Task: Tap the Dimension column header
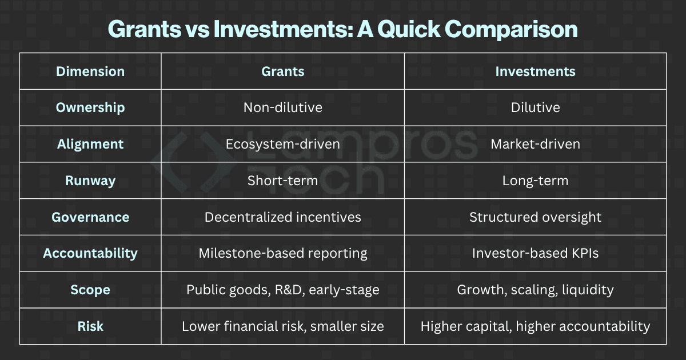(x=90, y=71)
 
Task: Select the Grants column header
(x=283, y=71)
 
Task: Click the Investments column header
(x=535, y=71)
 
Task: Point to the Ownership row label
(x=90, y=107)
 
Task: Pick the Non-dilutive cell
(x=283, y=107)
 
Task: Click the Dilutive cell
(x=535, y=107)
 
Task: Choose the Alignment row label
(x=90, y=144)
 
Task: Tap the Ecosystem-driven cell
(x=283, y=144)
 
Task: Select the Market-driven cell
(x=535, y=144)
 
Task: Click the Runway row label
(x=90, y=181)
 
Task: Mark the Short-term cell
(x=283, y=181)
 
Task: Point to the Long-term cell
(x=535, y=181)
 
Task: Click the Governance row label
(x=90, y=217)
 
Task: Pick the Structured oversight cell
(x=535, y=217)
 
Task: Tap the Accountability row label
(x=90, y=253)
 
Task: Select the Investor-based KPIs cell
(x=535, y=253)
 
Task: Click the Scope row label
(x=90, y=290)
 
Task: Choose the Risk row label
(x=90, y=326)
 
